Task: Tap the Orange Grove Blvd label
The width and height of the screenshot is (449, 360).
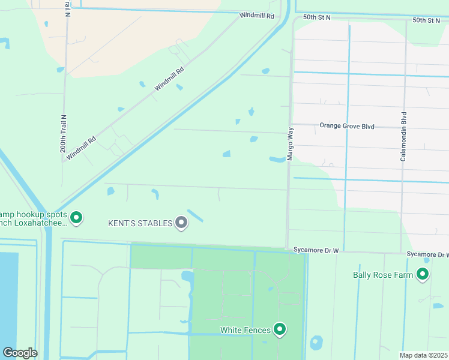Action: tap(347, 126)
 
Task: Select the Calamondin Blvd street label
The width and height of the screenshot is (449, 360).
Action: tap(404, 136)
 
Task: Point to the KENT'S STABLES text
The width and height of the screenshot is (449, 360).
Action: tap(140, 223)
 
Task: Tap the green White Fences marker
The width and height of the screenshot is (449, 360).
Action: tap(280, 329)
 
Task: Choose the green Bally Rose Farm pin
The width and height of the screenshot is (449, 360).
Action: tap(423, 275)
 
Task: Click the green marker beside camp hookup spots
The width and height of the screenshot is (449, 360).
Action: tap(76, 218)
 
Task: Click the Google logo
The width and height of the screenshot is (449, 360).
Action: tap(20, 353)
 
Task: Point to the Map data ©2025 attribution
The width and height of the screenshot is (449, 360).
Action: tap(423, 355)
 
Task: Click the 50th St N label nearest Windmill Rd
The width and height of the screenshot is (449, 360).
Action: tap(317, 18)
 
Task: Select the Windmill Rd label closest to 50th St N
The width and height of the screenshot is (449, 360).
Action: tap(256, 16)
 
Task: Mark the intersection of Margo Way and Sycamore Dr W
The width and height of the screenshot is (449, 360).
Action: tap(287, 248)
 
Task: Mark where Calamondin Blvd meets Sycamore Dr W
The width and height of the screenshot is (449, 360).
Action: tap(402, 253)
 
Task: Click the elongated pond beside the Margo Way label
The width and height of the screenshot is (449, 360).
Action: tap(277, 160)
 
